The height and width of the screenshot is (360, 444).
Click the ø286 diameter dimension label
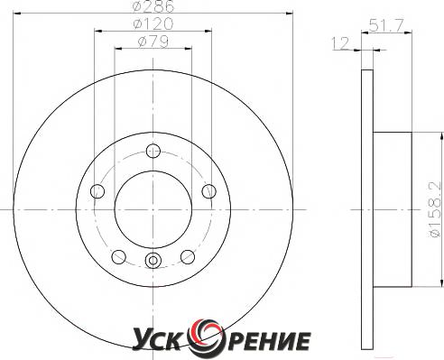(x=153, y=6)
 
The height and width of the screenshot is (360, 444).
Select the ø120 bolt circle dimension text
(x=153, y=23)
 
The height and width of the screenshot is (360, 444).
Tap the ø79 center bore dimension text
(x=153, y=42)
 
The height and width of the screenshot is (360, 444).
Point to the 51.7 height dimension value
(x=385, y=25)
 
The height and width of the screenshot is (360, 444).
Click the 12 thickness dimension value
(x=340, y=43)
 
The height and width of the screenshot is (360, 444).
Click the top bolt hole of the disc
(x=153, y=151)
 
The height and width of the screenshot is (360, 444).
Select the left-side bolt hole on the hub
(x=97, y=191)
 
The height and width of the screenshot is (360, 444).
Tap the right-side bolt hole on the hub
(x=208, y=191)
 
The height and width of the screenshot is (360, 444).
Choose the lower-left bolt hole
(x=118, y=256)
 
